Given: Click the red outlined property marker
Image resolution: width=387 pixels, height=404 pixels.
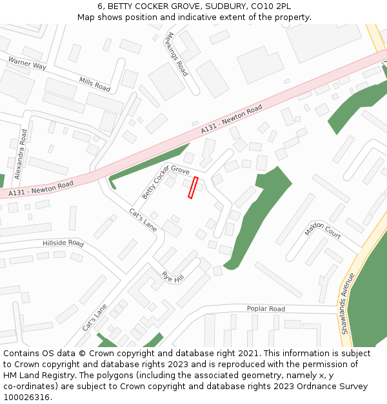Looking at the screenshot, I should [192, 187].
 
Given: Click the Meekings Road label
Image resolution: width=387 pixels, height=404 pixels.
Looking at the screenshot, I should [177, 54].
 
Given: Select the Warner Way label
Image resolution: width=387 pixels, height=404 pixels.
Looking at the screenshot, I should [27, 63].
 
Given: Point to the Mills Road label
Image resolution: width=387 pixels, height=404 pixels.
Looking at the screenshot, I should [95, 83].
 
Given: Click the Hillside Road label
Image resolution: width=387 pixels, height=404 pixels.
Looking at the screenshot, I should [63, 243].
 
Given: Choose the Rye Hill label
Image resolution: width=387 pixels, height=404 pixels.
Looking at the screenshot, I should [173, 277].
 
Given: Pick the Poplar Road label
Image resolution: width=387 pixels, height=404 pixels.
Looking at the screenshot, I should [266, 309].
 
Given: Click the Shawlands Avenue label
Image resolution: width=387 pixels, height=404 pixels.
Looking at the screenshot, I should [347, 303].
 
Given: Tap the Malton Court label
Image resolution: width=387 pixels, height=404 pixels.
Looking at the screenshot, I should [322, 229].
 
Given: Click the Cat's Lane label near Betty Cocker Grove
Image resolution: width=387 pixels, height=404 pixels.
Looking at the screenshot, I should [143, 220].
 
